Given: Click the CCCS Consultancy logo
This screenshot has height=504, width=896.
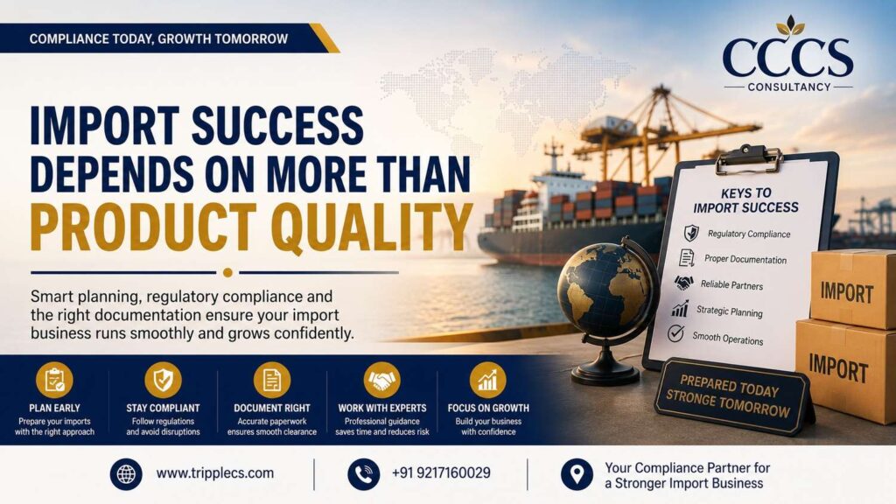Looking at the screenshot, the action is pos(787,53).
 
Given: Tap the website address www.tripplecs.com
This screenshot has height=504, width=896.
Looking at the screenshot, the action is pos(215,473).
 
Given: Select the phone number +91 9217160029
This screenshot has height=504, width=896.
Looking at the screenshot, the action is pos(441,473).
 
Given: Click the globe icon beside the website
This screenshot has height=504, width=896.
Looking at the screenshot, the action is pos(126,473).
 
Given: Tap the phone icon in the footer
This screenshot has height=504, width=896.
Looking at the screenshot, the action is pos(363,473).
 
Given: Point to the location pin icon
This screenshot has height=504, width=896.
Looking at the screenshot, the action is pos(577,473).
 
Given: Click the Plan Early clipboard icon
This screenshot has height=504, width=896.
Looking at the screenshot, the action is pos(54,380).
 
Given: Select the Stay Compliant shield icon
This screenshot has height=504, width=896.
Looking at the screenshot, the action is pos(163,380).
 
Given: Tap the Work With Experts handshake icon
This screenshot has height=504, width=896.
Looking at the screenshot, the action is pos(381,380).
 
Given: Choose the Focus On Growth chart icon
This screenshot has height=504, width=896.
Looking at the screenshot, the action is pos(488,380).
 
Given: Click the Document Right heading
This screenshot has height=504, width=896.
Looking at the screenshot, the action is pos(272,408).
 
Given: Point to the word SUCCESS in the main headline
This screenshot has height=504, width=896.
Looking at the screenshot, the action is pos(277,125).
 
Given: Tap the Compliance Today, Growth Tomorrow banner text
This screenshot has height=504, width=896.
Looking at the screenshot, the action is pos(159,38).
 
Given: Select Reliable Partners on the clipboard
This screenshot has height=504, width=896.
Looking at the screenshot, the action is pos(731,284).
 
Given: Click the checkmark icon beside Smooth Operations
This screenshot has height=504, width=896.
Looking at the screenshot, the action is pos(676,333).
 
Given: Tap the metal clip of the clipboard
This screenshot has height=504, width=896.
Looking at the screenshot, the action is pos(749,158).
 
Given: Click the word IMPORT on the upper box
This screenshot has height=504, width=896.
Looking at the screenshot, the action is pos(847,293).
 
